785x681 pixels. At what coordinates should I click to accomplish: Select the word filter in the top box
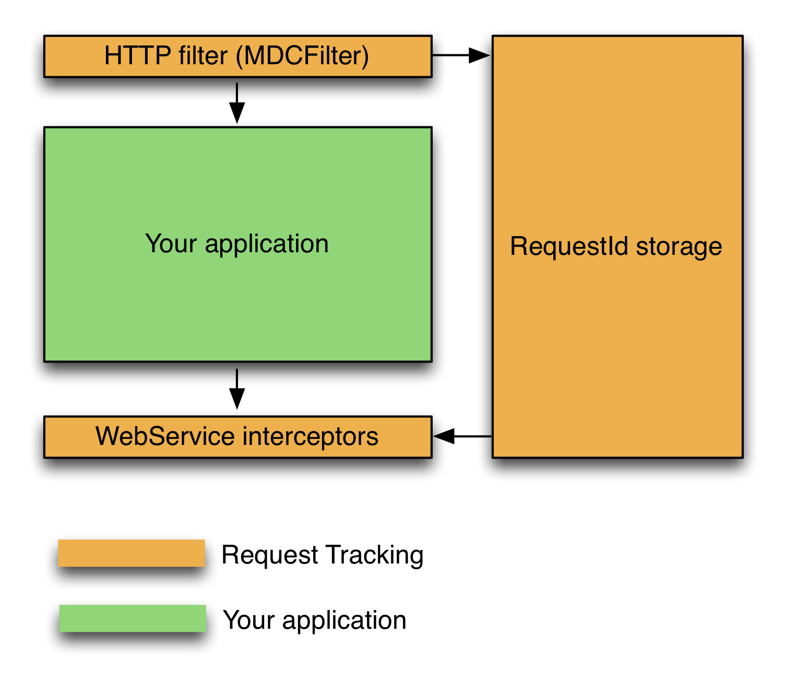point(203,56)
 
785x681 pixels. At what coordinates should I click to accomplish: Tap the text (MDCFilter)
point(302,56)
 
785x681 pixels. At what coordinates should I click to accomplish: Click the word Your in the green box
point(171,244)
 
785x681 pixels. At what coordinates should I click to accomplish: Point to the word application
point(267,244)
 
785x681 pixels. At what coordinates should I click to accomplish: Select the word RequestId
point(569,246)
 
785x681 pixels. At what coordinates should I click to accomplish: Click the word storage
point(679,247)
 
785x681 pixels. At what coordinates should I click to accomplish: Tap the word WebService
point(165,437)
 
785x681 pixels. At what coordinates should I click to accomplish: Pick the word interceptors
point(311,437)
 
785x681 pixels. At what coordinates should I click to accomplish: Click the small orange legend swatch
point(132,553)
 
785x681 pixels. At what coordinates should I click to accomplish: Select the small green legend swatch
point(133,618)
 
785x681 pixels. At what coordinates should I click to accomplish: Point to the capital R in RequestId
point(519,246)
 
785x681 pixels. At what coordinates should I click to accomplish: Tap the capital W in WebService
point(107,436)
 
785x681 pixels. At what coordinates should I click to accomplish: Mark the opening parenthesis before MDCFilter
point(240,56)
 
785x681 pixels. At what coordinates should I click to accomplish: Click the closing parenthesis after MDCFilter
point(365,56)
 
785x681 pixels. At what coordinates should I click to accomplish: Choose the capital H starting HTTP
point(113,56)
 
